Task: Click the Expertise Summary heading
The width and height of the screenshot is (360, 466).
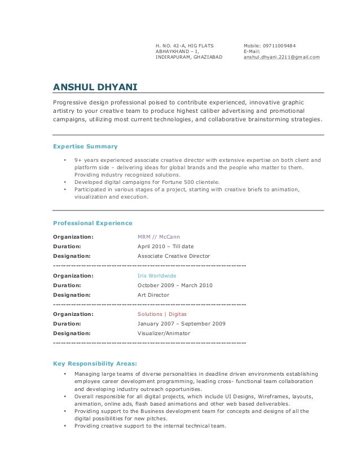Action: [x=85, y=146]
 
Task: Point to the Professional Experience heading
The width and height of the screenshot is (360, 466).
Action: [x=93, y=223]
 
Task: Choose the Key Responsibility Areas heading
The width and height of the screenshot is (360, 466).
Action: [x=94, y=363]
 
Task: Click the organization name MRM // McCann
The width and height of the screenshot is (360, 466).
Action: [x=159, y=236]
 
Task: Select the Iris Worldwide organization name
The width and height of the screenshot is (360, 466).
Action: [x=157, y=276]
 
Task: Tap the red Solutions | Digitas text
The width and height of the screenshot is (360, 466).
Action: [x=162, y=314]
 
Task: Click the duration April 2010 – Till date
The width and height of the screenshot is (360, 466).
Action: [x=166, y=247]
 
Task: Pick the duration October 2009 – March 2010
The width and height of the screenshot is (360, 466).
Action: [x=175, y=285]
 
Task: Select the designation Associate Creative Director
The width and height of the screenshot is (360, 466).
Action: [x=174, y=256]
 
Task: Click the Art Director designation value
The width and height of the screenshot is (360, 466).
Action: [x=153, y=295]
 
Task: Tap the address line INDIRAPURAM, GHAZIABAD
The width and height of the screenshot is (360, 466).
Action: [x=188, y=58]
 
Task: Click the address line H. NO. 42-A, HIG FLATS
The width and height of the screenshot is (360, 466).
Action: [x=184, y=45]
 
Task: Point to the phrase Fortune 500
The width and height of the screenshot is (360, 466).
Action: [x=177, y=182]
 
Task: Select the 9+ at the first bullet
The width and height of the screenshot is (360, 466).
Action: [x=78, y=160]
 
